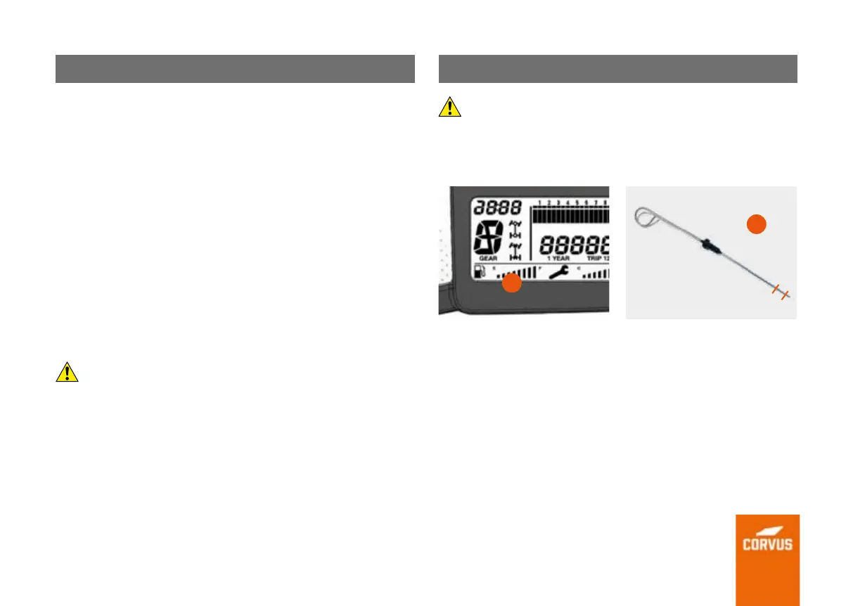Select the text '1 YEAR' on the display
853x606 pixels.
click(x=559, y=259)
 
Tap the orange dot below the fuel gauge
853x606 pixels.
click(x=513, y=283)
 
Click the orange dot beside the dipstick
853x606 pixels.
click(x=755, y=224)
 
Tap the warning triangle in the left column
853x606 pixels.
click(x=67, y=372)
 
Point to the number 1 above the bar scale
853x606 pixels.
click(x=539, y=204)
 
